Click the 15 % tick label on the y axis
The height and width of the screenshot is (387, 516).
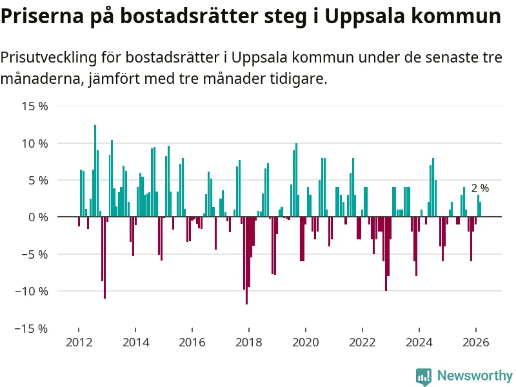[34, 106]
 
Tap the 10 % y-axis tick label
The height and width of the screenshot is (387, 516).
[34, 143]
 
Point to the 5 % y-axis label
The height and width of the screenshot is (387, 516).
[37, 180]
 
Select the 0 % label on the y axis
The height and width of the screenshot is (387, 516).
[37, 217]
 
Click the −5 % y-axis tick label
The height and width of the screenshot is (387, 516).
[34, 254]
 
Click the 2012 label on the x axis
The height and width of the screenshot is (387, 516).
[78, 342]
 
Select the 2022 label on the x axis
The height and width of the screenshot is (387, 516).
[362, 342]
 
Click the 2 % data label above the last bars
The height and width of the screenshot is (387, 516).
[480, 188]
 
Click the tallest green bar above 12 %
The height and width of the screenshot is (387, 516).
[95, 171]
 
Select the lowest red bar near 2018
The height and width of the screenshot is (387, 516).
[246, 260]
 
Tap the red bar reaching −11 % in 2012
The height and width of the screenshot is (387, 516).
[104, 257]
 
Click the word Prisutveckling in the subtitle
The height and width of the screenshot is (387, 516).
[48, 57]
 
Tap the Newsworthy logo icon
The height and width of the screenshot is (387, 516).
[424, 376]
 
